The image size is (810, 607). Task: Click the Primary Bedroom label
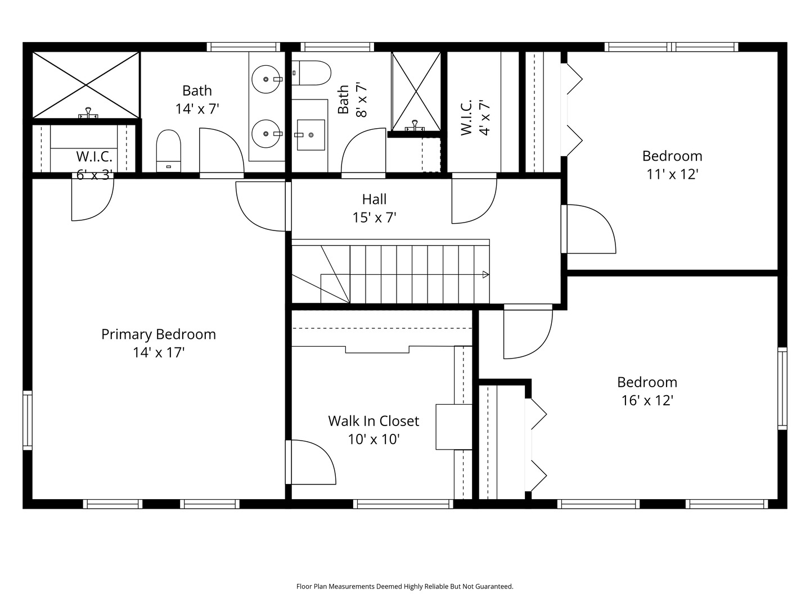pos(158,334)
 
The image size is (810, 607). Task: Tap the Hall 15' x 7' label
pos(374,208)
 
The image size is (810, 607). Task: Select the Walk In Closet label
pos(373,421)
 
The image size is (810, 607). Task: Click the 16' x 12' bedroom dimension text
pos(647,401)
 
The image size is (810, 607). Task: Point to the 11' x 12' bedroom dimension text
pos(672,174)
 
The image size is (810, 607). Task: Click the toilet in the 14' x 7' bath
pos(168,151)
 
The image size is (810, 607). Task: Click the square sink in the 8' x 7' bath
pos(310,135)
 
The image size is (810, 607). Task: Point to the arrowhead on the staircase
pos(485,274)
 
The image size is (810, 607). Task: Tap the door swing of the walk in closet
pos(312,462)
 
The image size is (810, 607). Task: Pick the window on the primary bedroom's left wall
pos(27,420)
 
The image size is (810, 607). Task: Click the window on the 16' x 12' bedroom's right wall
pos(782,388)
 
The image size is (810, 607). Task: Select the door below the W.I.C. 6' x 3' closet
pos(92,200)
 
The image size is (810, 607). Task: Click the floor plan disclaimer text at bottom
pos(404,586)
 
